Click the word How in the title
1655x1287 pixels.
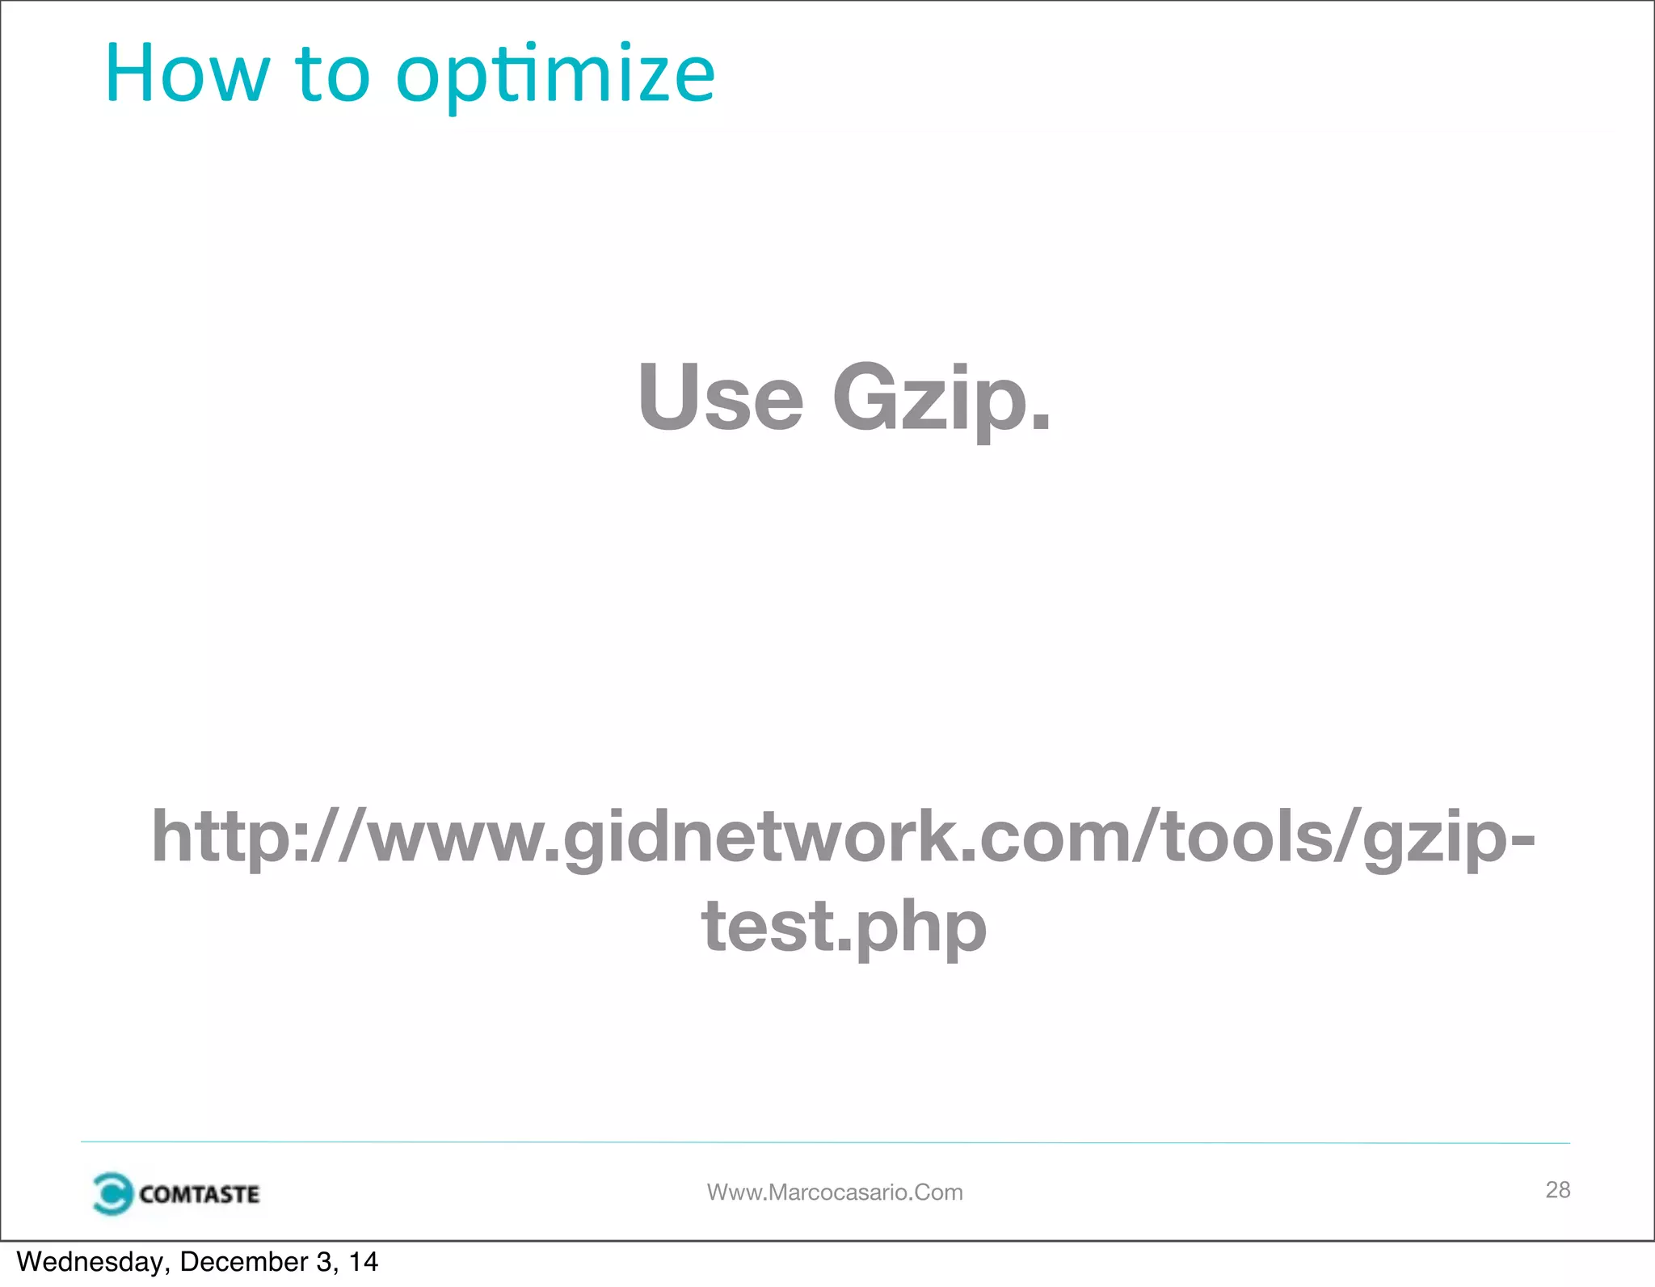click(187, 74)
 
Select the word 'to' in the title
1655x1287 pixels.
click(333, 76)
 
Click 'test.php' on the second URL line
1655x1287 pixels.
click(844, 926)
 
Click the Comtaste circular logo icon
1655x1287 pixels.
click(112, 1193)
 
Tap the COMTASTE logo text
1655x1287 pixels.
click(199, 1194)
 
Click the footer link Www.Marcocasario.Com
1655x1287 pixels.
click(835, 1192)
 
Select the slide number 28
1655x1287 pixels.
click(1557, 1189)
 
